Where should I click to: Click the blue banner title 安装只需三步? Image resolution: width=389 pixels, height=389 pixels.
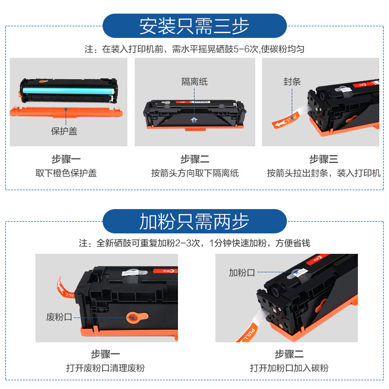click(x=194, y=26)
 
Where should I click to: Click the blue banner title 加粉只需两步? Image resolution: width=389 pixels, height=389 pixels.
click(x=194, y=222)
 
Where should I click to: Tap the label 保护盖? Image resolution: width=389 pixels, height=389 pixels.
click(x=64, y=131)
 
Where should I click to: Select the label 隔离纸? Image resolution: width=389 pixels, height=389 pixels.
click(x=194, y=82)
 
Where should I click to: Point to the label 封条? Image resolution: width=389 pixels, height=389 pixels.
click(x=292, y=82)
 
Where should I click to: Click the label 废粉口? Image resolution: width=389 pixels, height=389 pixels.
click(x=59, y=317)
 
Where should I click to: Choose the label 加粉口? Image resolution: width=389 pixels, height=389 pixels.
click(x=242, y=273)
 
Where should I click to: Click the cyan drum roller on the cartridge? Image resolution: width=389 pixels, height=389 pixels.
click(x=69, y=90)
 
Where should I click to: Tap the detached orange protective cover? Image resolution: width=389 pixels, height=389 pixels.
click(x=66, y=111)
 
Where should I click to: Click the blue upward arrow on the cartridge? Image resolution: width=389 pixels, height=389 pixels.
click(x=194, y=120)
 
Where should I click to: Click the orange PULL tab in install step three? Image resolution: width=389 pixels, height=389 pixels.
click(x=285, y=120)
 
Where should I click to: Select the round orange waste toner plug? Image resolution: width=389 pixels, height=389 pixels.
click(x=137, y=318)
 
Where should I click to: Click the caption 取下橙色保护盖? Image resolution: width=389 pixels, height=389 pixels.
click(x=66, y=173)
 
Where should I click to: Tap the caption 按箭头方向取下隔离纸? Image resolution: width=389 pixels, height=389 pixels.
click(x=195, y=173)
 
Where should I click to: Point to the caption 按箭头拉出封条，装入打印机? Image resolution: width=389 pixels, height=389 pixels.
click(x=323, y=173)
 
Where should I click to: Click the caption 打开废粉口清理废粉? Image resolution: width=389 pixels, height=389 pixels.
click(x=106, y=368)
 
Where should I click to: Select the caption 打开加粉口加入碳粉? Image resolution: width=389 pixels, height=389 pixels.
click(x=289, y=368)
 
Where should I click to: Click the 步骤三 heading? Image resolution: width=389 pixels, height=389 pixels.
click(x=323, y=159)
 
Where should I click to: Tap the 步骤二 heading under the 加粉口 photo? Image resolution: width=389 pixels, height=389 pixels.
click(x=289, y=354)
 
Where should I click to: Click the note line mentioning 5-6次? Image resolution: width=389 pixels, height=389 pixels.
click(x=194, y=49)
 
